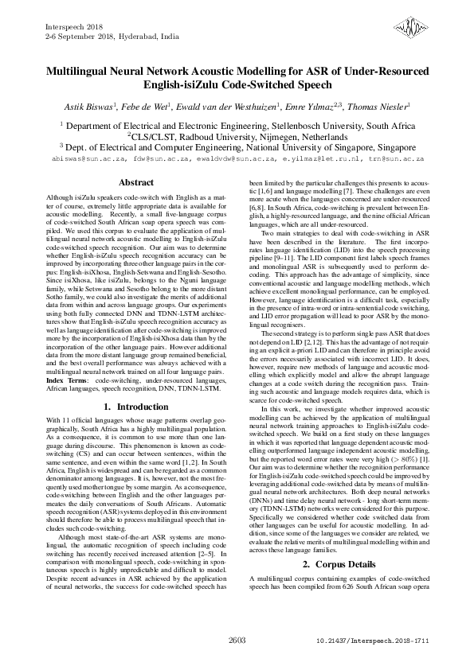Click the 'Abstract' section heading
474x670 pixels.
coord(135,182)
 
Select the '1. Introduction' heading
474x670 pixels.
coord(135,406)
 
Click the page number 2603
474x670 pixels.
coord(237,640)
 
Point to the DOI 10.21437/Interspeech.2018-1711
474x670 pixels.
coord(373,640)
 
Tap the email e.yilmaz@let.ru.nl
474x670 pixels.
coord(317,159)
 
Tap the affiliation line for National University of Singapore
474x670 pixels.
coord(237,147)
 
